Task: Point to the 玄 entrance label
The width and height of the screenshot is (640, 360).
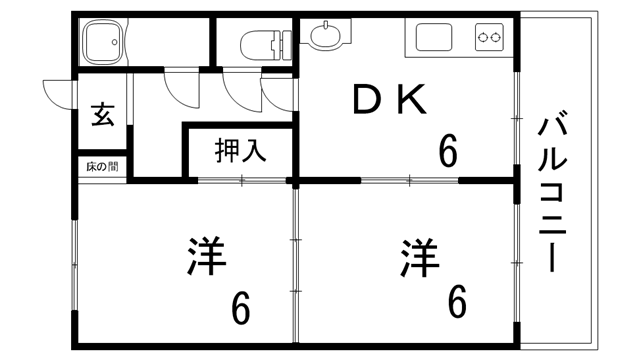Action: pyautogui.click(x=103, y=113)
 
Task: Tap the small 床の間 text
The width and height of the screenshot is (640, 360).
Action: pyautogui.click(x=102, y=166)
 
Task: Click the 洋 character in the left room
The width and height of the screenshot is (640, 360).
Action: pyautogui.click(x=205, y=257)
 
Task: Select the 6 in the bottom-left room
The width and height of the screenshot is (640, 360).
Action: pyautogui.click(x=240, y=309)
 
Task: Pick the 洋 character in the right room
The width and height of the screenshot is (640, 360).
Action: pyautogui.click(x=421, y=257)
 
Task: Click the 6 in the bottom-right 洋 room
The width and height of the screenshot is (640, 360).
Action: pyautogui.click(x=457, y=301)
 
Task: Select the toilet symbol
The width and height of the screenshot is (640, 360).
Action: pyautogui.click(x=263, y=43)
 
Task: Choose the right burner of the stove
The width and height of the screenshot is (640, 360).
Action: pyautogui.click(x=497, y=39)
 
